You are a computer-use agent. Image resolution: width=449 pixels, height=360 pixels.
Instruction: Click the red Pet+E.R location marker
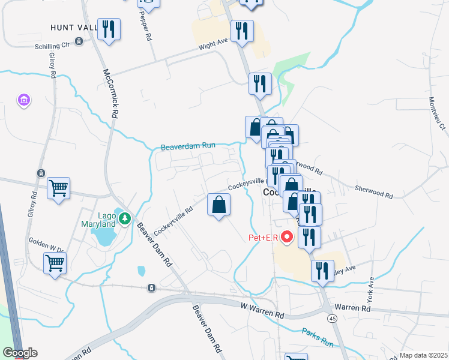click(x=287, y=238)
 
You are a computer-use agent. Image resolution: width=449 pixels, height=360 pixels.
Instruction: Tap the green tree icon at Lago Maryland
click(x=124, y=218)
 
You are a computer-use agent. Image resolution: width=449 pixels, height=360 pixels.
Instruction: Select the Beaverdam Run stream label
click(x=187, y=147)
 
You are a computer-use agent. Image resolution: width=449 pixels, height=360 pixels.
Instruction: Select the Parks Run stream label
click(x=318, y=338)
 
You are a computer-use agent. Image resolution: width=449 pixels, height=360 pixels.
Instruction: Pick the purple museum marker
click(x=23, y=100)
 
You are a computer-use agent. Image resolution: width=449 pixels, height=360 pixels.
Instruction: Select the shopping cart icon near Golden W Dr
click(x=55, y=263)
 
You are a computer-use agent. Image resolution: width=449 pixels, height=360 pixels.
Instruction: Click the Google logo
click(x=20, y=353)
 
